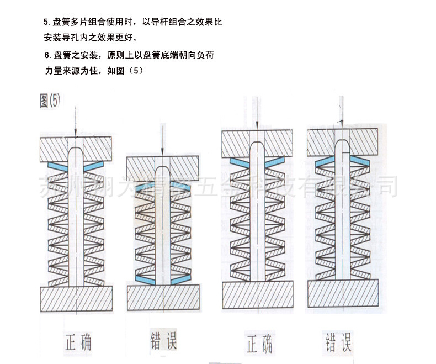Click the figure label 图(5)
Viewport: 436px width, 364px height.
pos(50,101)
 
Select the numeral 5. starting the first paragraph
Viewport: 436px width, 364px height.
pos(46,23)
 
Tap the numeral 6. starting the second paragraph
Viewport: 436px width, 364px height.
pos(47,56)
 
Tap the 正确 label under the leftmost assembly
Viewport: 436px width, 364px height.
pos(75,343)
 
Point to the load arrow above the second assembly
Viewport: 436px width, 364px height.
pos(162,141)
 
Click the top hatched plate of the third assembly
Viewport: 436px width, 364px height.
pos(256,143)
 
